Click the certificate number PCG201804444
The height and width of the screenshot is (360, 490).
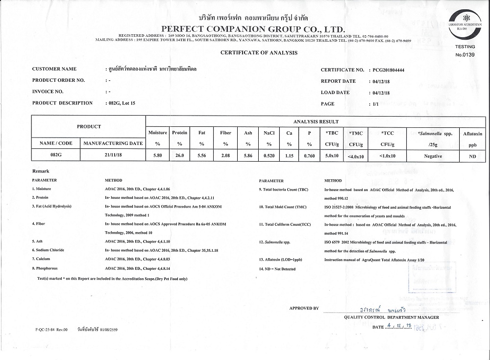tap(389, 70)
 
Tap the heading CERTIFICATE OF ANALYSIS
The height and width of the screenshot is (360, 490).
tap(259, 52)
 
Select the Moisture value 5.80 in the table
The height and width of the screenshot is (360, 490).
tap(157, 156)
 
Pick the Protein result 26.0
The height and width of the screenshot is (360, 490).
tap(180, 156)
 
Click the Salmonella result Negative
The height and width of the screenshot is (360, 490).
tap(433, 156)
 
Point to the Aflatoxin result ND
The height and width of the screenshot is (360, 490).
tap(472, 156)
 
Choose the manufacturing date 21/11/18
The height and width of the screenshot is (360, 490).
tap(113, 156)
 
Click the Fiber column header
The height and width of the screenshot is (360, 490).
tap(225, 133)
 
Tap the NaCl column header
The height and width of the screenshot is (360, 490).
tap(269, 133)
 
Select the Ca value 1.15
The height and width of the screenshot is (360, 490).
tap(289, 156)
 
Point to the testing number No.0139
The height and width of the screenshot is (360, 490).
tap(465, 55)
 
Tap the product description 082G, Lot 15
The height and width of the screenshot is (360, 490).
tap(121, 103)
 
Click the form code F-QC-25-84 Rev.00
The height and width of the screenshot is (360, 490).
tap(52, 330)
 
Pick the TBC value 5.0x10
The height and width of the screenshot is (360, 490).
tap(332, 156)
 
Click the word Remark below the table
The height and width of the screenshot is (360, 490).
tap(41, 171)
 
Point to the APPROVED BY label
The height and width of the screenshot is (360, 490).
tap(304, 308)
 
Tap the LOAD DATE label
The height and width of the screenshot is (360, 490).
tap(335, 93)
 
